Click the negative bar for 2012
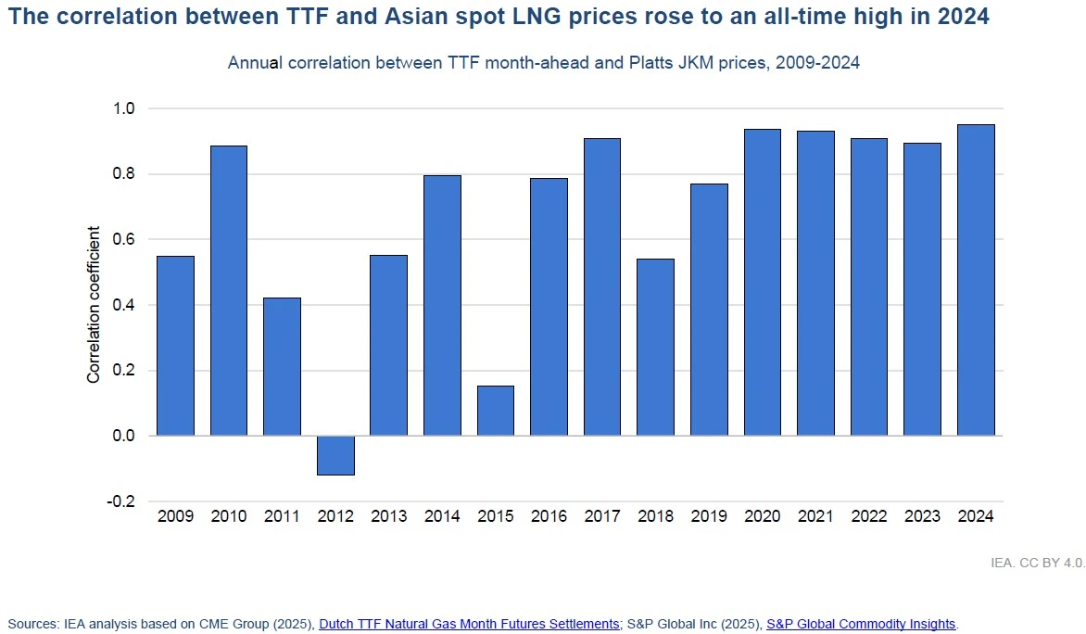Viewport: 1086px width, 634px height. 335,455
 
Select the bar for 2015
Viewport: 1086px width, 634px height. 496,411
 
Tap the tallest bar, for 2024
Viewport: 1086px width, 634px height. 976,280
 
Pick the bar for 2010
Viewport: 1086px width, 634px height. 229,290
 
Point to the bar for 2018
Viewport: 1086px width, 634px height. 655,347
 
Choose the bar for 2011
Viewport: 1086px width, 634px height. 282,366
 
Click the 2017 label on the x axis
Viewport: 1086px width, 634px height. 602,516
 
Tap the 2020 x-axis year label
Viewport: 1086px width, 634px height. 762,516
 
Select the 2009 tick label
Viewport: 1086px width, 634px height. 175,516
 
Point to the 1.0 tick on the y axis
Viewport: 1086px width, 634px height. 124,109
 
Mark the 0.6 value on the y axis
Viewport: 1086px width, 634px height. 124,240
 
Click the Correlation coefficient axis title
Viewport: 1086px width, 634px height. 94,305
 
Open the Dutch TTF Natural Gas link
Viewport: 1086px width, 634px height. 469,624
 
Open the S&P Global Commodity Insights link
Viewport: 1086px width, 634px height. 861,624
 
